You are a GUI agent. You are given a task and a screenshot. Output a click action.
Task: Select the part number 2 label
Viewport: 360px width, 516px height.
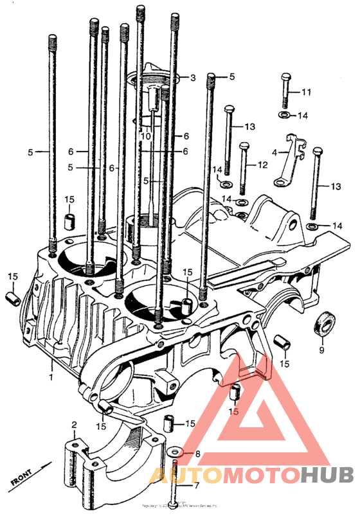point(74,425)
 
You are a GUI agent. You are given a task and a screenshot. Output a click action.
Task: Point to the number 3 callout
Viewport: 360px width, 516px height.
point(192,78)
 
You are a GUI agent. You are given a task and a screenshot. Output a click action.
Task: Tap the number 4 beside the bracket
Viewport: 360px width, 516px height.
point(274,153)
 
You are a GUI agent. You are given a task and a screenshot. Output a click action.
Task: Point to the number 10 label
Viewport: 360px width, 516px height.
point(146,136)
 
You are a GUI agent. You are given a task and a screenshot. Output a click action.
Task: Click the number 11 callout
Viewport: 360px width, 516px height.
point(305,93)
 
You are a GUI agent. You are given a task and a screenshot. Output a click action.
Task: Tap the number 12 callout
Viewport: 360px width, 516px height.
point(262,165)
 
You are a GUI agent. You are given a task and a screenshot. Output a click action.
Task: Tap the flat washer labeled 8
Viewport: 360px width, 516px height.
point(176,454)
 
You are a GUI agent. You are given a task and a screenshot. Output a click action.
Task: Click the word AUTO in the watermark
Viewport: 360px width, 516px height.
point(179,476)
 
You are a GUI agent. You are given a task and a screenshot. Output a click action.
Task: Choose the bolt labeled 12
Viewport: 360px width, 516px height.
point(243,168)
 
